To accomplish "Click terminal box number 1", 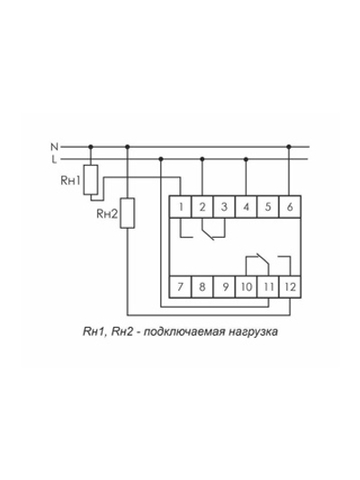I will tap(183, 206).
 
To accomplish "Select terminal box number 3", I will tap(225, 206).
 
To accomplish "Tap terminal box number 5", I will tap(267, 206).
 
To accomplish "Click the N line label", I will tap(54, 146).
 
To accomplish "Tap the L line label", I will tap(54, 158).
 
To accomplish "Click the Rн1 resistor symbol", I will tap(91, 178).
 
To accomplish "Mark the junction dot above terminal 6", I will tap(288, 146).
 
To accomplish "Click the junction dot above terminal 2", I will tap(203, 158).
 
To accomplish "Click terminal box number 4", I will tap(247, 206).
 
